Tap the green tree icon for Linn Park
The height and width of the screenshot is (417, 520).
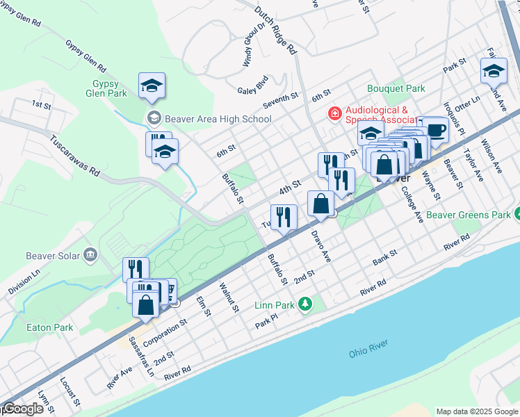[304, 304]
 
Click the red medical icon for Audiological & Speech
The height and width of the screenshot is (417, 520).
[334, 113]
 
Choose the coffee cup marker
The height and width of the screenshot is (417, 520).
[435, 130]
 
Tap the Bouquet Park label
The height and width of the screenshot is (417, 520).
[396, 89]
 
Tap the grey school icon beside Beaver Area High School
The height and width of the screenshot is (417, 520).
[153, 118]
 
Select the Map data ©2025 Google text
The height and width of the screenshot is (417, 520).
[476, 411]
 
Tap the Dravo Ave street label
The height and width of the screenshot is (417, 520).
[321, 247]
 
